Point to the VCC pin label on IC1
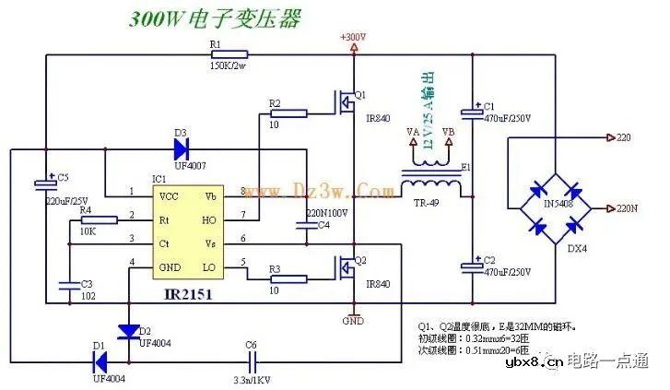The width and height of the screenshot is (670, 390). pos(170,195)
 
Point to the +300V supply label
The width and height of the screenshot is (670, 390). pos(353,37)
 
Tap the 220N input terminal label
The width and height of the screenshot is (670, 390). pos(627,209)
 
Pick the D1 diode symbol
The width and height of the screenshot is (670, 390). pos(100,360)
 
